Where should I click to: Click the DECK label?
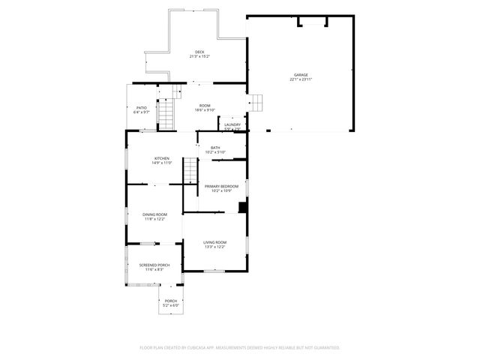pyautogui.click(x=199, y=52)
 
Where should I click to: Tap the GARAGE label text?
pyautogui.click(x=301, y=75)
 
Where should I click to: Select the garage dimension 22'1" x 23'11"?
pyautogui.click(x=301, y=79)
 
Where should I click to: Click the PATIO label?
pyautogui.click(x=141, y=107)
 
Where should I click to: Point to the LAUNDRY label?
pyautogui.click(x=232, y=124)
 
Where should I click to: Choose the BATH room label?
pyautogui.click(x=215, y=148)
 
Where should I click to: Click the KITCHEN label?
pyautogui.click(x=162, y=158)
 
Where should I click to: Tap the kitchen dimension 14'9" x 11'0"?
pyautogui.click(x=162, y=163)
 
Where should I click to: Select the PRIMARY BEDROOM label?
pyautogui.click(x=222, y=186)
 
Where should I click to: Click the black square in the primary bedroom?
pyautogui.click(x=243, y=208)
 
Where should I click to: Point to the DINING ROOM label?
pyautogui.click(x=154, y=214)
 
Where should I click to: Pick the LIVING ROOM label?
pyautogui.click(x=214, y=242)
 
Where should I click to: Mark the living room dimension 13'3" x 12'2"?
pyautogui.click(x=214, y=247)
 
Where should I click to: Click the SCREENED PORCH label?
pyautogui.click(x=154, y=265)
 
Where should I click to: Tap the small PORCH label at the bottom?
pyautogui.click(x=172, y=301)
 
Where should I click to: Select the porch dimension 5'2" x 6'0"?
pyautogui.click(x=172, y=305)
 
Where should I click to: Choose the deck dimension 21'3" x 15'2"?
pyautogui.click(x=199, y=56)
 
